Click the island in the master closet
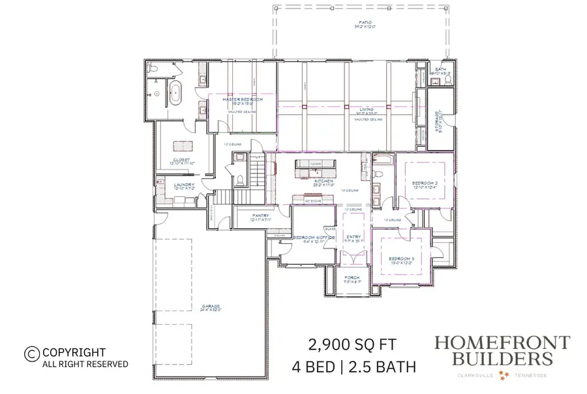coord(183,145)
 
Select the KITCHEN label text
coord(324,181)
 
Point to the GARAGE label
coord(210,306)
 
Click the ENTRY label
coord(354,237)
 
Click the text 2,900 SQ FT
coord(350,344)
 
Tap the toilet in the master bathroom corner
coord(151,68)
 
